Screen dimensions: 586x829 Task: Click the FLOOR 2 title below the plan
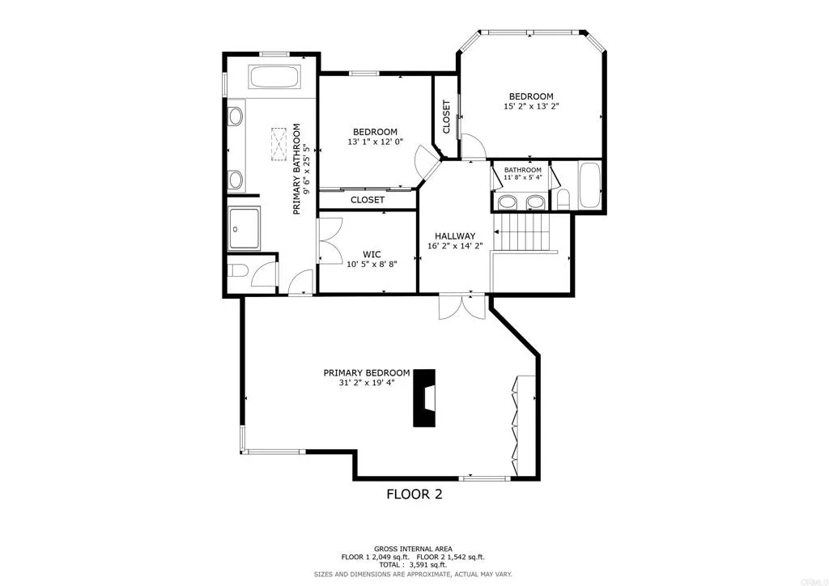[x=414, y=494]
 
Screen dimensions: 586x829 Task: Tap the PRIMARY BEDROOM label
[x=366, y=372]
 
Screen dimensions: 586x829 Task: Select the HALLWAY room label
[x=454, y=236]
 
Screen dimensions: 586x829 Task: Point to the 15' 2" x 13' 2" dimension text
[x=531, y=106]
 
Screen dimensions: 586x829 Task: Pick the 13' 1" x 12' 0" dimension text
[x=375, y=142]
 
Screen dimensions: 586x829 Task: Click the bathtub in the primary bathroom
[x=274, y=79]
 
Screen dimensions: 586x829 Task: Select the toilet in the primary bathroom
[x=237, y=271]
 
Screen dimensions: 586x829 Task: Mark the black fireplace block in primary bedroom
[x=424, y=397]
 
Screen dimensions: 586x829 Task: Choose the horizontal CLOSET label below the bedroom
[x=368, y=200]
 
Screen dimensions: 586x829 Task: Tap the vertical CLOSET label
[x=446, y=117]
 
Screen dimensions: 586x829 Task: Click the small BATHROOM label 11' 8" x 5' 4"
[x=522, y=170]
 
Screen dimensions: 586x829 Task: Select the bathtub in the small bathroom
[x=589, y=186]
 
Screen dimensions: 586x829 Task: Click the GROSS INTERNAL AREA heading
[x=413, y=548]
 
